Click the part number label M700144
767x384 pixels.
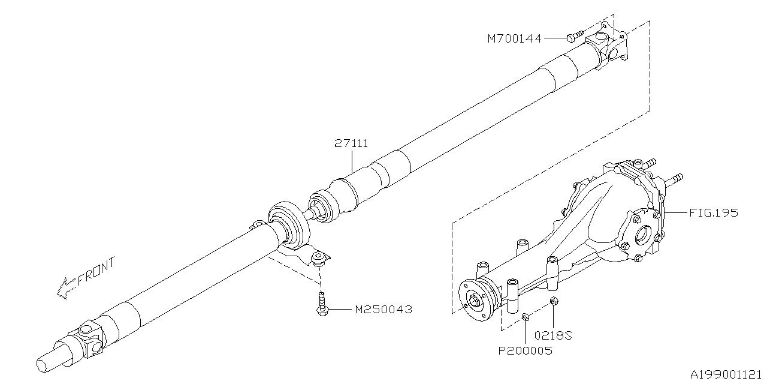[514, 38]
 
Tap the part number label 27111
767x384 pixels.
[351, 143]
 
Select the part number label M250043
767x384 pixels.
[383, 310]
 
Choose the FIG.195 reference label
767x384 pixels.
[712, 212]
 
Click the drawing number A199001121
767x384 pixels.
[727, 374]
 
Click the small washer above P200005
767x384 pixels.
[525, 316]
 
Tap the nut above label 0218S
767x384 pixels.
[554, 301]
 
